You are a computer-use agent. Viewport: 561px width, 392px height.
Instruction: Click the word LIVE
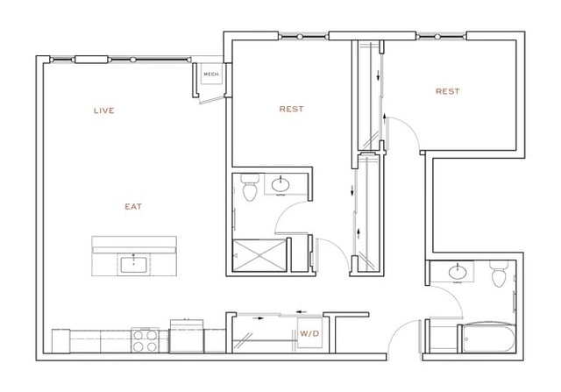click(x=104, y=110)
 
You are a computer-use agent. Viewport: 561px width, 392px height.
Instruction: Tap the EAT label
click(x=132, y=207)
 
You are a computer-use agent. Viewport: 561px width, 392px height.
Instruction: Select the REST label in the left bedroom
click(x=291, y=110)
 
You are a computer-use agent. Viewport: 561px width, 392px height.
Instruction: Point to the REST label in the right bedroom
click(x=447, y=91)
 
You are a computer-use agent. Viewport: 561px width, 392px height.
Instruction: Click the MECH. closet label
click(x=210, y=75)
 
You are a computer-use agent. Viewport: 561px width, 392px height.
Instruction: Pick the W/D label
click(x=309, y=334)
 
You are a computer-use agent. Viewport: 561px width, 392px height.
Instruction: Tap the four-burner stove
click(x=144, y=339)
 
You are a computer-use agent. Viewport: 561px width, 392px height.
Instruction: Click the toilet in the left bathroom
click(x=248, y=187)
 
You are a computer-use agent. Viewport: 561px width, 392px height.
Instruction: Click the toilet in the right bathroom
click(x=499, y=276)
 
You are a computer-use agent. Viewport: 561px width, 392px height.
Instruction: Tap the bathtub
click(x=486, y=338)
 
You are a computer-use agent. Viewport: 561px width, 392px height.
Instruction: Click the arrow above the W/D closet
click(x=302, y=310)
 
